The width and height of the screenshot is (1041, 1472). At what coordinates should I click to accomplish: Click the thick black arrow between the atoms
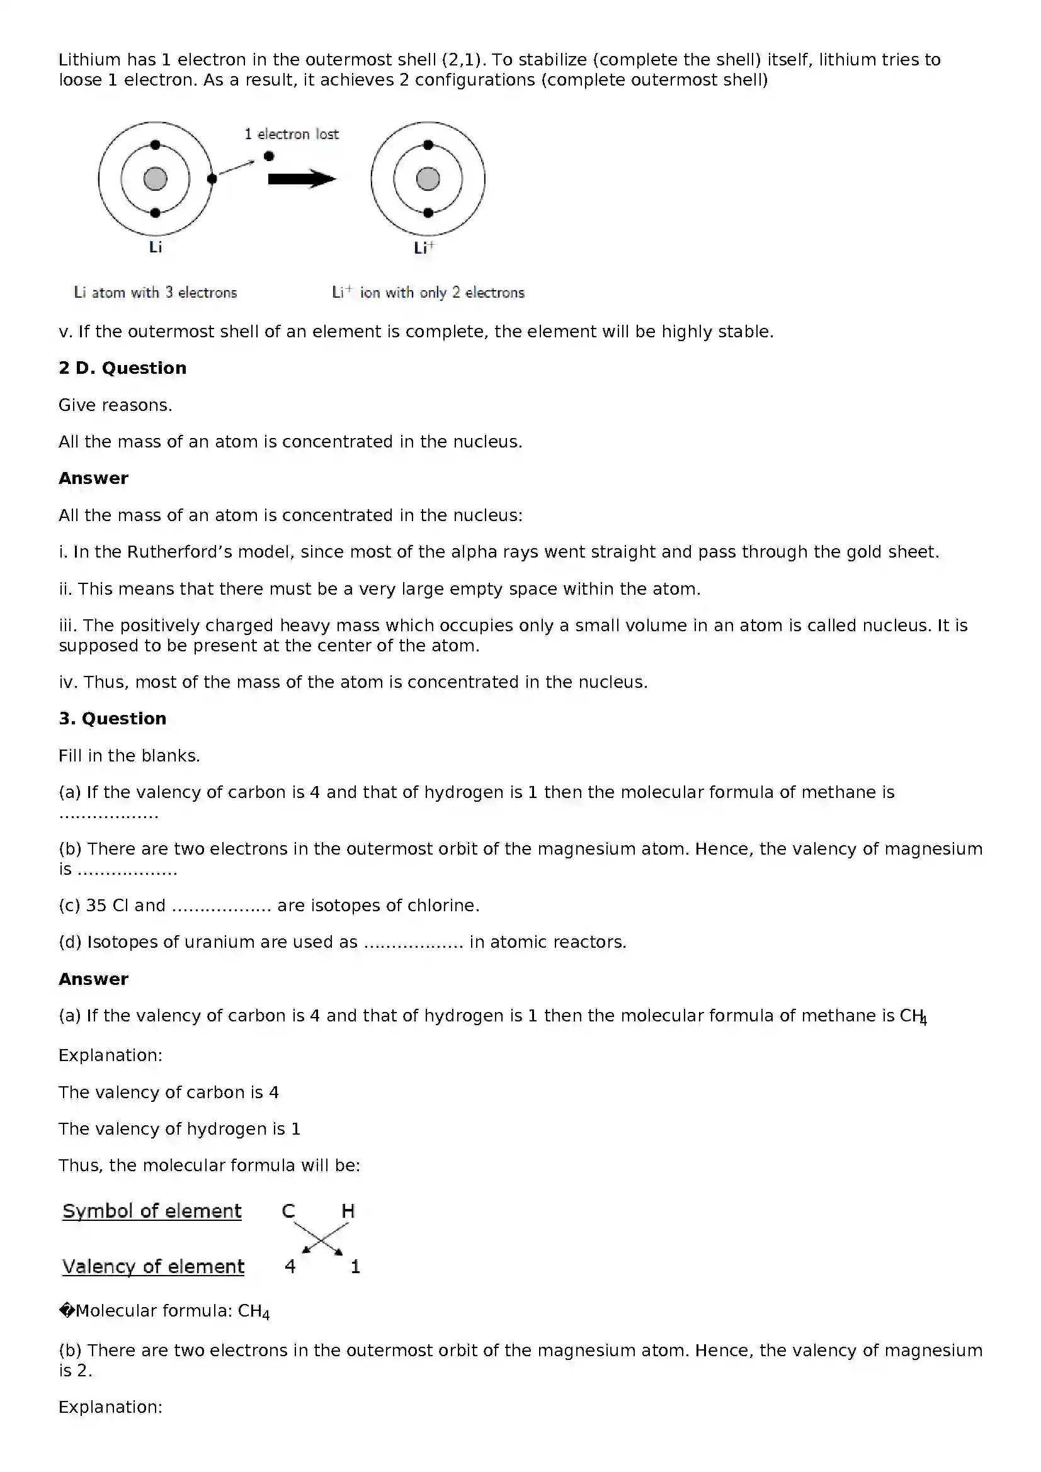[302, 179]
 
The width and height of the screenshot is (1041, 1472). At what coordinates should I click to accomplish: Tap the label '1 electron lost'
[291, 134]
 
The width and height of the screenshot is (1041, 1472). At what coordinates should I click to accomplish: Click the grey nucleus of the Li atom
[155, 179]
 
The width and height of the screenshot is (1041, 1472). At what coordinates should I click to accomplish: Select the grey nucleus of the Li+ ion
[428, 179]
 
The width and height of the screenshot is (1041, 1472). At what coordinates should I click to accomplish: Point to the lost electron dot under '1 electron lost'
[269, 156]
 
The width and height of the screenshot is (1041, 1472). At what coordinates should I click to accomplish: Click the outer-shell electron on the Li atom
[212, 179]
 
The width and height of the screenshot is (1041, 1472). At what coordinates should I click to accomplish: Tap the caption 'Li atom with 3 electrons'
[155, 293]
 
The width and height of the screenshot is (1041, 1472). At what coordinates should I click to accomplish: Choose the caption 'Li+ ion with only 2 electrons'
[428, 293]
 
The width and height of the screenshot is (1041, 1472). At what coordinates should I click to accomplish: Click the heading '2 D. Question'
[123, 368]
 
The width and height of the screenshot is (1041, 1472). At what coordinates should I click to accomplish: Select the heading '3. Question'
[112, 719]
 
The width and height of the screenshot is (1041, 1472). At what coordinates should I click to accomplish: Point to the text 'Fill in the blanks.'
[129, 756]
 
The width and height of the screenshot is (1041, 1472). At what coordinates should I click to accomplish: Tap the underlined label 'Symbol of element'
[152, 1211]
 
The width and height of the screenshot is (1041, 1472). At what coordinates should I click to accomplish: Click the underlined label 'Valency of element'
[153, 1266]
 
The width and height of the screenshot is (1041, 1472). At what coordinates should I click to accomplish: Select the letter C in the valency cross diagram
[288, 1211]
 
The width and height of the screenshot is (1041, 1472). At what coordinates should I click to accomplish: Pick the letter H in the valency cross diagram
[348, 1211]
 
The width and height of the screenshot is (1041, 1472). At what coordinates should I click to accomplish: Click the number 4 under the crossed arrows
[290, 1266]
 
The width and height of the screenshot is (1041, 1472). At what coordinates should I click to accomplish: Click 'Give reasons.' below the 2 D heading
[115, 405]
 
